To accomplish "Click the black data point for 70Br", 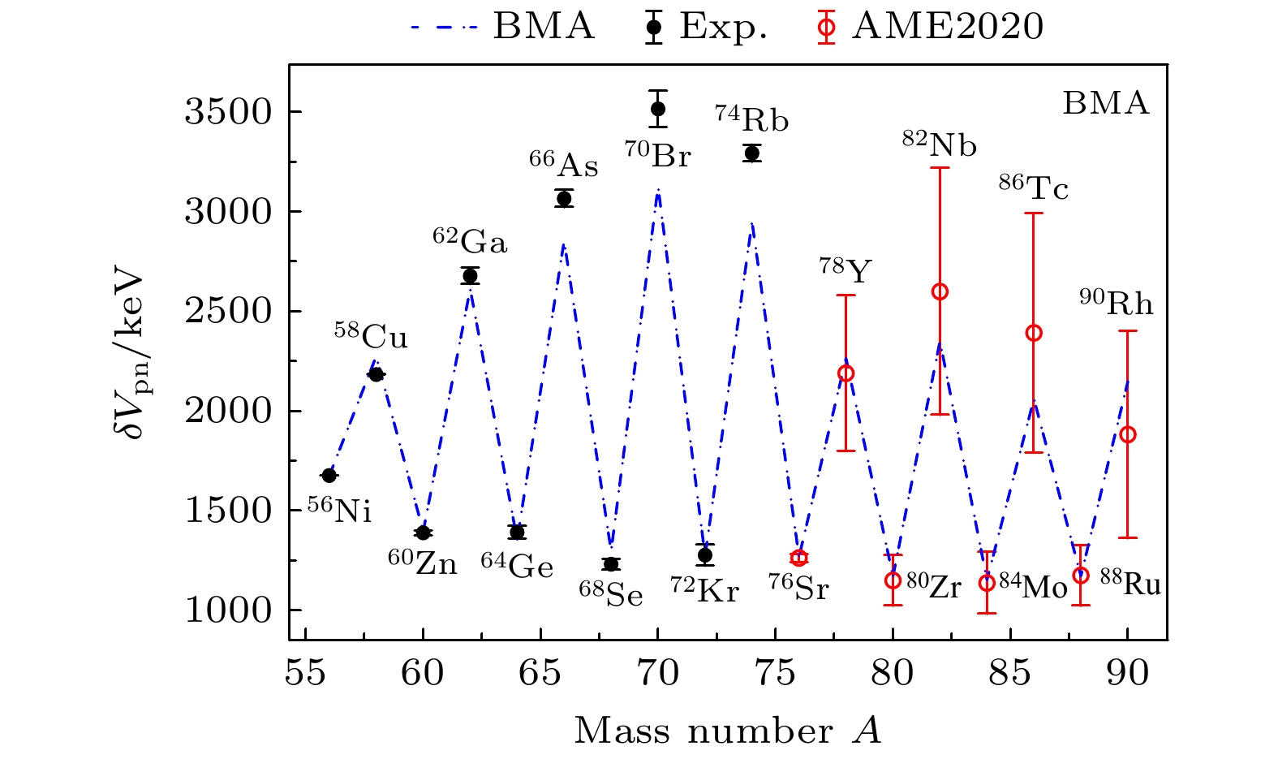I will pyautogui.click(x=658, y=109).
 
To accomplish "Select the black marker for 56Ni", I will pyautogui.click(x=329, y=475).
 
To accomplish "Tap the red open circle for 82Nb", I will pyautogui.click(x=940, y=291).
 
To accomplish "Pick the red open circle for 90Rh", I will pyautogui.click(x=1127, y=434).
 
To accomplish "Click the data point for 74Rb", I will pyautogui.click(x=752, y=153).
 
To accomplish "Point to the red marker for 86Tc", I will pyautogui.click(x=1034, y=333).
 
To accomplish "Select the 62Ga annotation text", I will pyautogui.click(x=470, y=242).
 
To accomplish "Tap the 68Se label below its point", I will pyautogui.click(x=611, y=594).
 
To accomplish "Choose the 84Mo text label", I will pyautogui.click(x=1033, y=587).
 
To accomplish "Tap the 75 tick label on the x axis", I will pyautogui.click(x=775, y=674).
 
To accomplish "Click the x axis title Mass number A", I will pyautogui.click(x=728, y=731).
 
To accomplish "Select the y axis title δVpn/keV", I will pyautogui.click(x=129, y=354).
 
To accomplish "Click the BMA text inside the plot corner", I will pyautogui.click(x=1106, y=104).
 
